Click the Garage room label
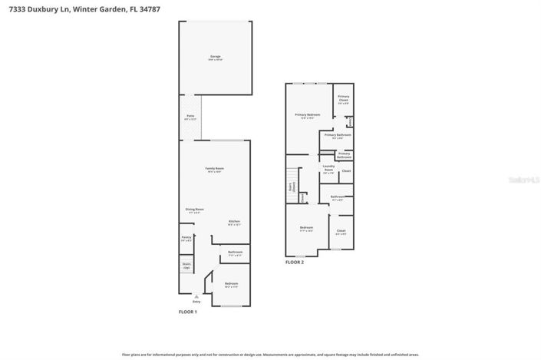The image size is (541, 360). click(x=215, y=58)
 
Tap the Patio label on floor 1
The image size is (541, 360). click(x=190, y=117)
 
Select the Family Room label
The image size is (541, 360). click(x=214, y=170)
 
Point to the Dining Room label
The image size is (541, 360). click(x=194, y=210)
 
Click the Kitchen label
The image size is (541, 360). click(x=234, y=223)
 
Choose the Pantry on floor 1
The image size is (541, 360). click(x=186, y=239)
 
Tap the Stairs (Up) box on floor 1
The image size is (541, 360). click(x=186, y=266)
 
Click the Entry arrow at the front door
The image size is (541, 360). click(x=196, y=298)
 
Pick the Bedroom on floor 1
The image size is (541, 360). click(x=231, y=285)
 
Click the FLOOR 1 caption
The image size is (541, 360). click(x=188, y=312)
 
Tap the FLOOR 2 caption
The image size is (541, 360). click(x=295, y=263)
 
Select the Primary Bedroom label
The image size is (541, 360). click(x=308, y=116)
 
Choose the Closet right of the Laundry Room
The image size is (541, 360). click(x=346, y=170)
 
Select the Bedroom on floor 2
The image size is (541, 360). click(x=305, y=229)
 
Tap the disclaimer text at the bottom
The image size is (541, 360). click(x=270, y=355)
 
